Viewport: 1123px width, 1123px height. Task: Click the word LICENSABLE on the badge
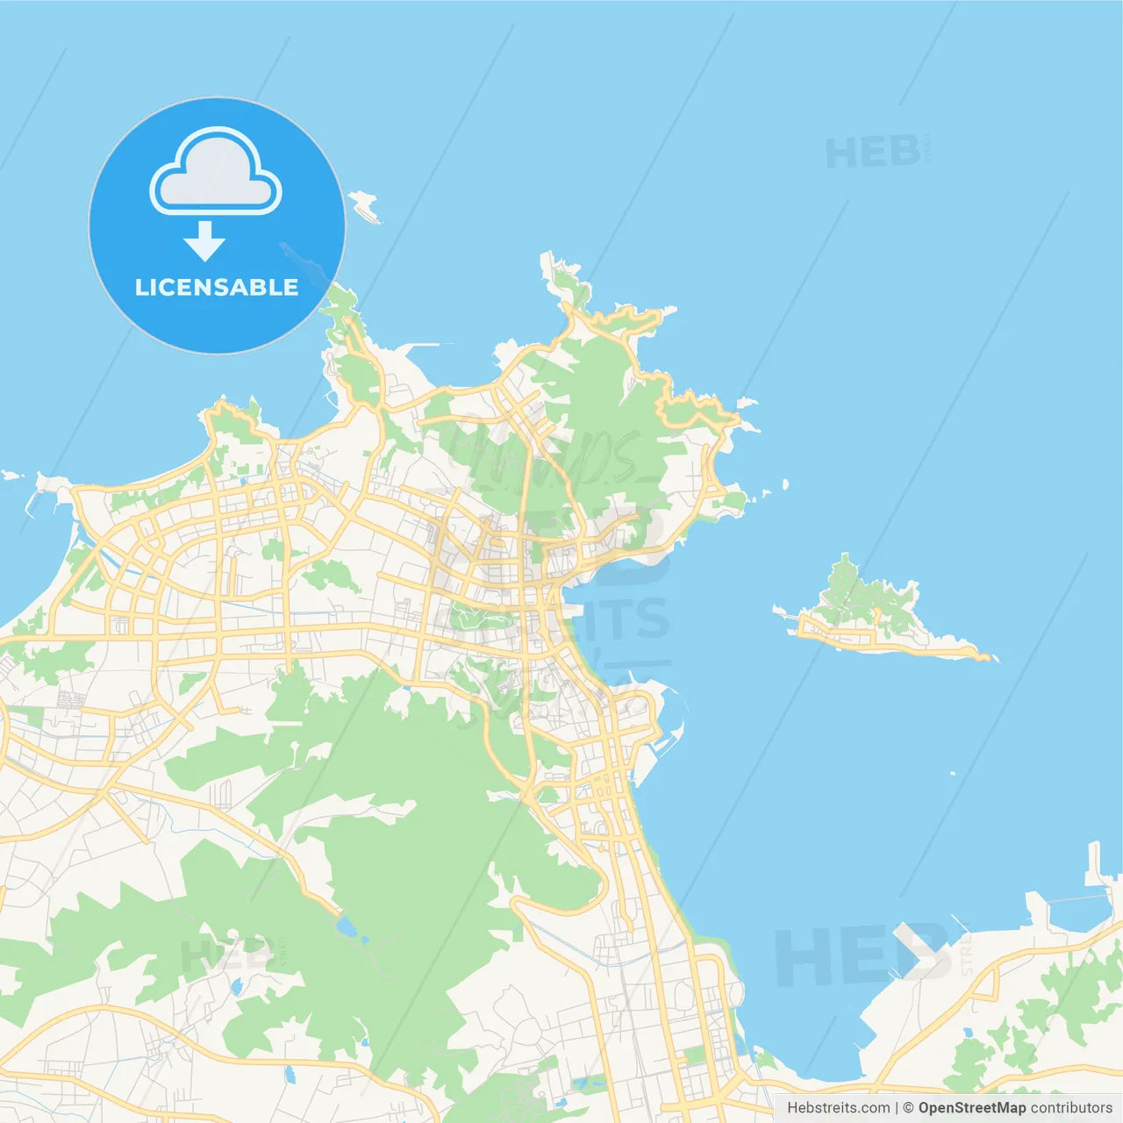click(217, 288)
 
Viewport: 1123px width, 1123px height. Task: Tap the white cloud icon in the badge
click(216, 172)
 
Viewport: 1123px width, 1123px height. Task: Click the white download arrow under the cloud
click(204, 241)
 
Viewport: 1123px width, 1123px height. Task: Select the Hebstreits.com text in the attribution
click(838, 1108)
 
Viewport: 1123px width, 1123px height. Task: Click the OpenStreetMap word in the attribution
click(971, 1108)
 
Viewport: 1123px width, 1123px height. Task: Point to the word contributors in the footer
click(1071, 1108)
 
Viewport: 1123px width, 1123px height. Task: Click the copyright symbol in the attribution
click(908, 1108)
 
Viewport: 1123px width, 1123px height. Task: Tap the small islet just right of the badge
click(365, 205)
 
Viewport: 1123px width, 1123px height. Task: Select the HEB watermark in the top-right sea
click(873, 153)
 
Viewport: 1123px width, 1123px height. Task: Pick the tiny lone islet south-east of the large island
click(953, 773)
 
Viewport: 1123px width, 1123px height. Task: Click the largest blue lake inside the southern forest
click(347, 926)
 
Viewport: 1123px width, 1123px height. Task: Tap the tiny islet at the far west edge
click(11, 476)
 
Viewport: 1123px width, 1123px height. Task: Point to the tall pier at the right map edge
click(1094, 864)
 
